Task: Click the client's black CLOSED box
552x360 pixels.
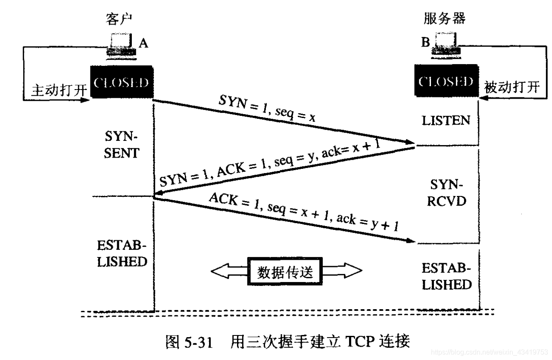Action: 122,83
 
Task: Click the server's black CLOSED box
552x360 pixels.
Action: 446,82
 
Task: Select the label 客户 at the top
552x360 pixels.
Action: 118,19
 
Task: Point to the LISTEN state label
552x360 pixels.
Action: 446,121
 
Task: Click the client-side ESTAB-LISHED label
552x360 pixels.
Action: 122,254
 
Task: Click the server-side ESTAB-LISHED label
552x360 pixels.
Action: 446,276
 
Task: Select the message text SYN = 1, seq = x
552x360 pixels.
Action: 267,110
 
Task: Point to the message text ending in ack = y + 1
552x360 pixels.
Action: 303,212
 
